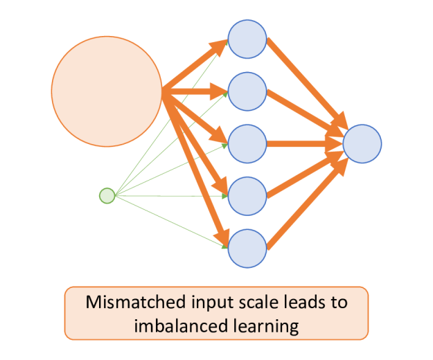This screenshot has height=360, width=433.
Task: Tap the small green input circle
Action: point(107,196)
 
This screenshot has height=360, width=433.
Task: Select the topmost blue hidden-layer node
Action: point(247,39)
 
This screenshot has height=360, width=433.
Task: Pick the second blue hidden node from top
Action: point(247,91)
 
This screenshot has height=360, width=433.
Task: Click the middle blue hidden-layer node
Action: point(247,143)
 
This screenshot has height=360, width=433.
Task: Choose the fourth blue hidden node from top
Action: point(247,196)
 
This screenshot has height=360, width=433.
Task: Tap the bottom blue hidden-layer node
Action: point(247,247)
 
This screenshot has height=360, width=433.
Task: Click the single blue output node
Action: point(362,144)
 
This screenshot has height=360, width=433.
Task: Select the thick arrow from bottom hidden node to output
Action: point(305,204)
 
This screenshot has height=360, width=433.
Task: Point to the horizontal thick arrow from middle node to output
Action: point(305,144)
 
